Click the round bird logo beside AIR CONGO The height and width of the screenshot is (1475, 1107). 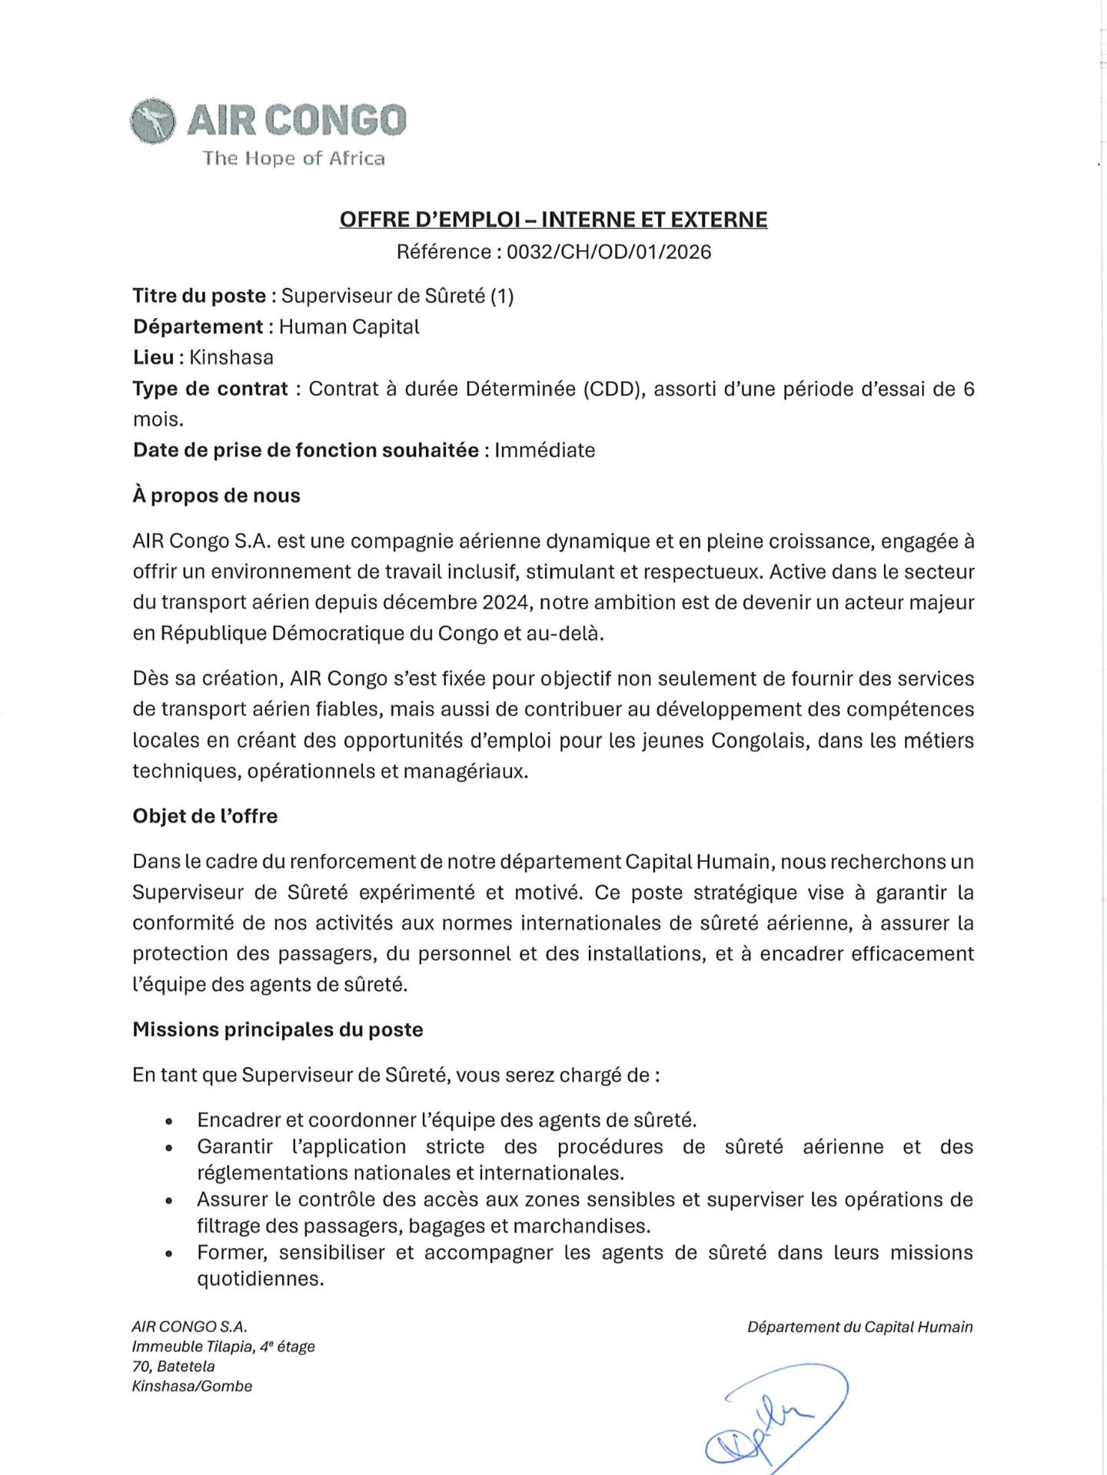[152, 121]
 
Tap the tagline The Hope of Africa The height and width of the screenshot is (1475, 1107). [294, 158]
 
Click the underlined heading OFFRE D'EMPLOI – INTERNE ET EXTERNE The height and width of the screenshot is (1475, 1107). [553, 220]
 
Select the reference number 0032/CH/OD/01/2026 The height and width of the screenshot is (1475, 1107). [608, 252]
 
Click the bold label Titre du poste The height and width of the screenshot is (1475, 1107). [199, 296]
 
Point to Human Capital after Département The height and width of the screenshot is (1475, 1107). [349, 326]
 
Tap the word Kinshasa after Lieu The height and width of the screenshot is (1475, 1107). [231, 357]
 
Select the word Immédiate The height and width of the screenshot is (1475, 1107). [545, 450]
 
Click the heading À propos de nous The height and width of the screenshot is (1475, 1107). [216, 496]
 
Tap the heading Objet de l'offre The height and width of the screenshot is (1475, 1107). [205, 816]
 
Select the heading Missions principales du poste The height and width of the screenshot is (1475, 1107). [278, 1029]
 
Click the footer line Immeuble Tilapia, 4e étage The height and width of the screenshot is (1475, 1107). [224, 1347]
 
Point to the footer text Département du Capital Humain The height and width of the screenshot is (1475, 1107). [859, 1327]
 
